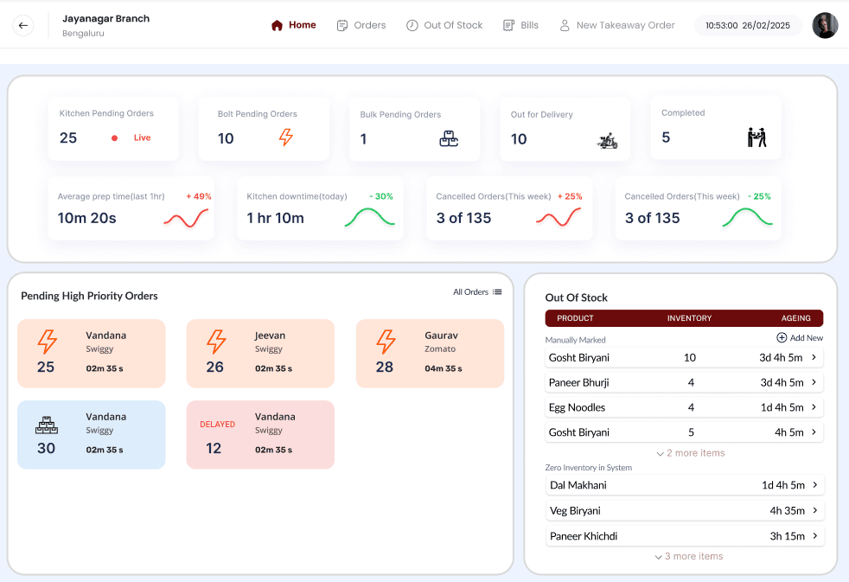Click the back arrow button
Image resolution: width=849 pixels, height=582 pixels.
(x=23, y=26)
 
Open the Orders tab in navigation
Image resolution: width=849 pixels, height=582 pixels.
(x=361, y=25)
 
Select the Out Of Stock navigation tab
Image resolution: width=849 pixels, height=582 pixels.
(x=444, y=25)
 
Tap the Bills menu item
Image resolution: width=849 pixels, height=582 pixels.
(x=520, y=25)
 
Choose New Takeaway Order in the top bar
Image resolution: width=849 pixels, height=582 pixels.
(x=616, y=25)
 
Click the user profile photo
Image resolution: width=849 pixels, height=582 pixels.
(x=825, y=26)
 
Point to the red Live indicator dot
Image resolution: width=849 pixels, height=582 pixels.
(x=114, y=138)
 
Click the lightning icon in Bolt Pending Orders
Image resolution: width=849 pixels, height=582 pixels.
(x=285, y=138)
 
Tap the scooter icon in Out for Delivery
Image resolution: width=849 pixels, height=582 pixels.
(x=607, y=140)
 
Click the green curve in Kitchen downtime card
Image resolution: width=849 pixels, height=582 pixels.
(x=369, y=218)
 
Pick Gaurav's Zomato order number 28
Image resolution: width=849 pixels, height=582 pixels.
(x=385, y=367)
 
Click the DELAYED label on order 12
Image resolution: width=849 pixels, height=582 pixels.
(x=217, y=425)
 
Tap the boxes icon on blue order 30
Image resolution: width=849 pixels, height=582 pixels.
(x=46, y=425)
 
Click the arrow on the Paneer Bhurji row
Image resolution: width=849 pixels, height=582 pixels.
(x=814, y=382)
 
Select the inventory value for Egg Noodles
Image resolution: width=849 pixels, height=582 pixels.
(x=690, y=407)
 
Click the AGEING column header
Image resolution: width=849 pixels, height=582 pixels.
(x=796, y=318)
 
